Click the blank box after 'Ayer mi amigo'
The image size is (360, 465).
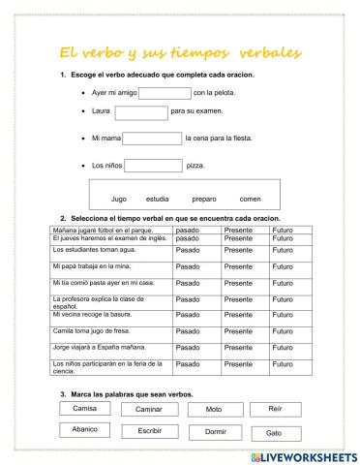(x=165, y=94)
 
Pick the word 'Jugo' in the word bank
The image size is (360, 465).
(x=119, y=199)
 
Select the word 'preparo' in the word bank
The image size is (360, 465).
(x=204, y=199)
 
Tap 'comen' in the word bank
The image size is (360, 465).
(x=250, y=199)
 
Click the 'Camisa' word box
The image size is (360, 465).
(x=85, y=409)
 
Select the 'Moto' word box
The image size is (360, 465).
(x=214, y=410)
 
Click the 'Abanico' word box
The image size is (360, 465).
(x=85, y=429)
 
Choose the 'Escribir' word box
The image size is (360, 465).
(x=149, y=430)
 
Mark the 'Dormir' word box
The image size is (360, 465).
(x=215, y=432)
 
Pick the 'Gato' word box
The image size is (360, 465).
(x=274, y=432)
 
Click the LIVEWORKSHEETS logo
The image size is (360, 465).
(x=304, y=455)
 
